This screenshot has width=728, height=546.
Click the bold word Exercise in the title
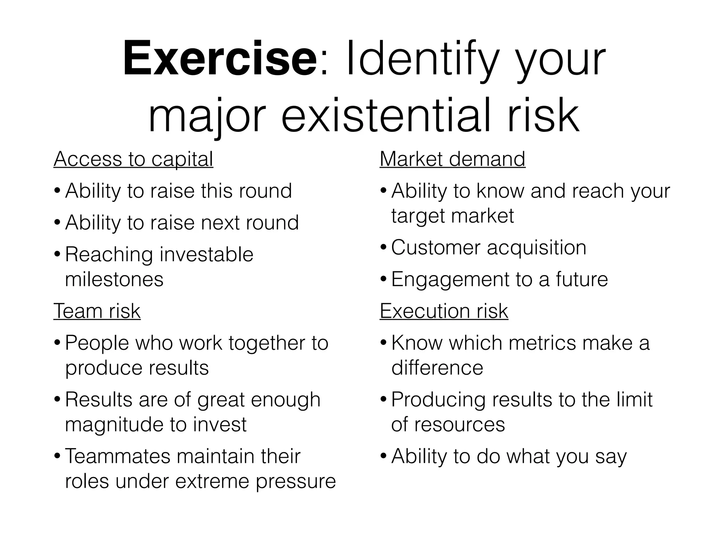[220, 59]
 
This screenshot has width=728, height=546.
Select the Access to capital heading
[133, 159]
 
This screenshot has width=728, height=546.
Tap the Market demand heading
[452, 159]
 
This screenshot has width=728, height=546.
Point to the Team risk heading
[97, 311]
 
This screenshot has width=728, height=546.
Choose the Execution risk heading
[444, 311]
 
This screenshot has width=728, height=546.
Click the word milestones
[114, 279]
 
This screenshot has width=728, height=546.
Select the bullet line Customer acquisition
[488, 247]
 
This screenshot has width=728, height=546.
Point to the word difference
[437, 368]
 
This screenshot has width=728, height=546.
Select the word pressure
[296, 481]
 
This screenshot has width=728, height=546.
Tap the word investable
[206, 255]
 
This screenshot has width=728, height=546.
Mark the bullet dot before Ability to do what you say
[384, 456]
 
